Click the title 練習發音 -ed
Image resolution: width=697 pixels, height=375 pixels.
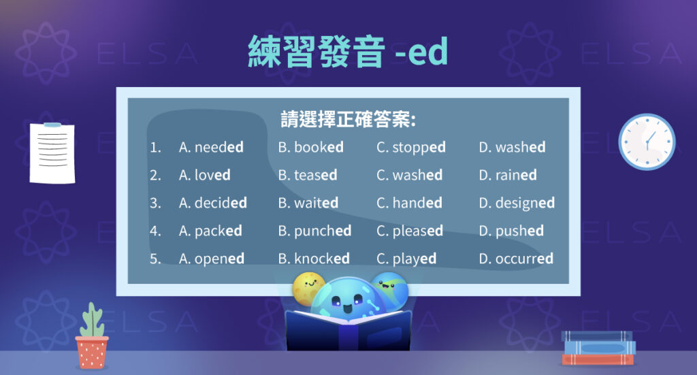point(348,52)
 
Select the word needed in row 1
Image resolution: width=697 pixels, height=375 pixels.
point(218,147)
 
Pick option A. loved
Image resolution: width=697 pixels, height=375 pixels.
point(204,175)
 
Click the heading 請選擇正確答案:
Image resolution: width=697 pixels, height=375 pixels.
point(348,119)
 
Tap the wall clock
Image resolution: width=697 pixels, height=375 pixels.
point(646,142)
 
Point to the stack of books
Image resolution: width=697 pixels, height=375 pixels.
point(598,348)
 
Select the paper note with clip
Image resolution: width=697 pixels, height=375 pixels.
point(52,152)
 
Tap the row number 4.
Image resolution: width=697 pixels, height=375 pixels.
point(155,231)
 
